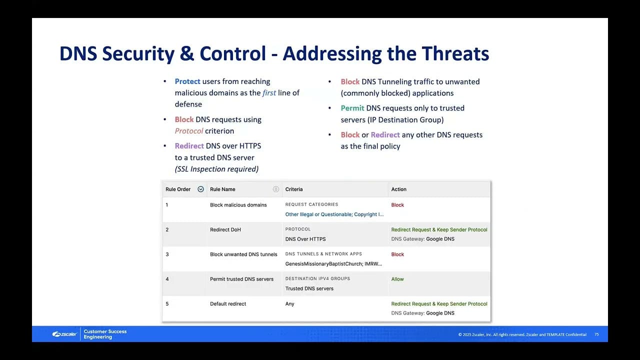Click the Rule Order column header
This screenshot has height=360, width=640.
pos(178,189)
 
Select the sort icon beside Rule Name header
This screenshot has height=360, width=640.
pos(275,189)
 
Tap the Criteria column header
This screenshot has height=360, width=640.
pos(294,189)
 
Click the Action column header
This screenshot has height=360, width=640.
pos(398,189)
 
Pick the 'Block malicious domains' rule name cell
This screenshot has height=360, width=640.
pos(238,205)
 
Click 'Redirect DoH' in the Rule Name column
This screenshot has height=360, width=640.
pos(225,230)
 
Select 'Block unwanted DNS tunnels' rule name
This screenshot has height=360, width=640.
pos(243,254)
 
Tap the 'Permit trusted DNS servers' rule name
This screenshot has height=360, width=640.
pos(241,279)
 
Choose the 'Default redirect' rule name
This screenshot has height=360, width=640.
pos(228,304)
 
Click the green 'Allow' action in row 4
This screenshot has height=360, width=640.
pos(397,279)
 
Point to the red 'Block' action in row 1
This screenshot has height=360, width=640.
pos(397,205)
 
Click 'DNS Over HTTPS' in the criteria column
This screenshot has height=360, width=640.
pos(305,239)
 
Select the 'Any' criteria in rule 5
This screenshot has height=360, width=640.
pos(289,304)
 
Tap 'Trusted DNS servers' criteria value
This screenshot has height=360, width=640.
pos(309,288)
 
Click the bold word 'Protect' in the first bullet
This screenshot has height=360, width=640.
pos(187,81)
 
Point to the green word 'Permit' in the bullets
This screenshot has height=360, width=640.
pos(352,108)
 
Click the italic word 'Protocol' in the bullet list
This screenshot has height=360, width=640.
pos(189,131)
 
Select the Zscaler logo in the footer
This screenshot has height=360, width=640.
pos(64,334)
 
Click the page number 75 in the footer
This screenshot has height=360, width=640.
pos(596,334)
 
